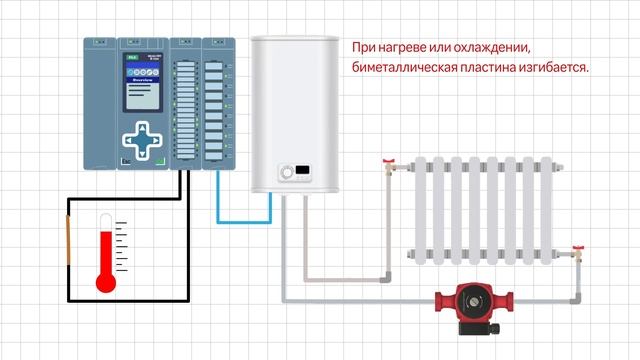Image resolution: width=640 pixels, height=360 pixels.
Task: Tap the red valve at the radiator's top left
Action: (x=393, y=161)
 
